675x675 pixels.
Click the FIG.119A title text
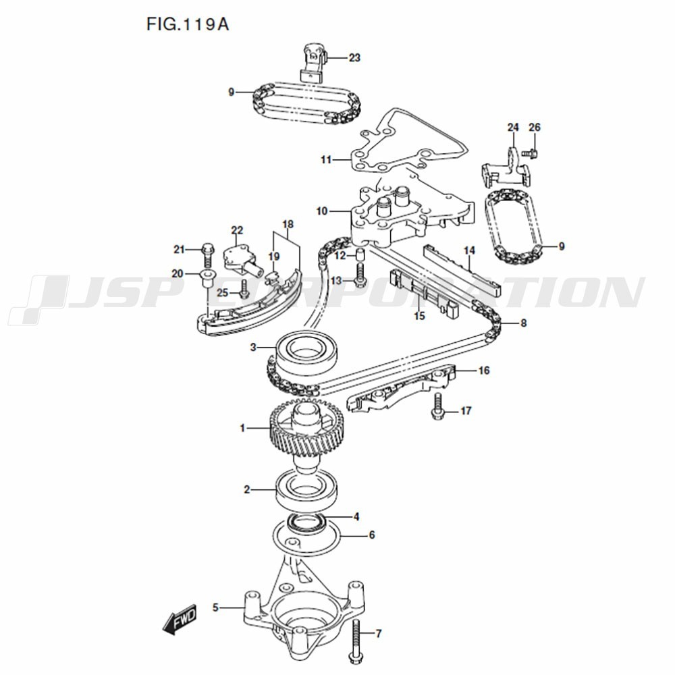(188, 25)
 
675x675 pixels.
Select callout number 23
(354, 58)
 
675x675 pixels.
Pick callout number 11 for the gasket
(327, 160)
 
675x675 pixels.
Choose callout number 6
(371, 535)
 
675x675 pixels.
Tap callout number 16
(484, 371)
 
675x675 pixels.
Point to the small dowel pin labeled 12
(360, 255)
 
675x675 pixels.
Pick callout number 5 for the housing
(216, 607)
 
